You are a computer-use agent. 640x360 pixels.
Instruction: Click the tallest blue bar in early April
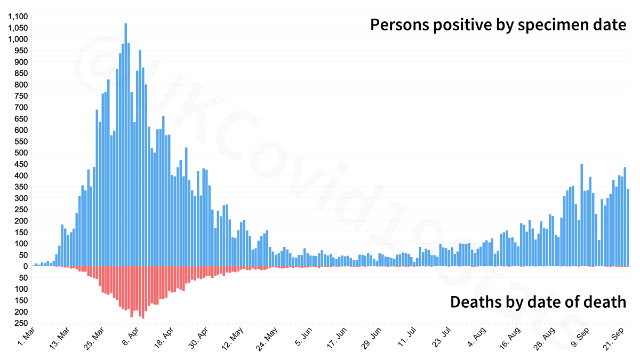[x=125, y=144]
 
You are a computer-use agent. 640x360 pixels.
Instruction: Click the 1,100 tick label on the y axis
[x=17, y=17]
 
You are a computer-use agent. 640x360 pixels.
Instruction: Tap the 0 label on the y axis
[x=25, y=266]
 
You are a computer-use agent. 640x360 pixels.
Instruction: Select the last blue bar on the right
[x=628, y=227]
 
